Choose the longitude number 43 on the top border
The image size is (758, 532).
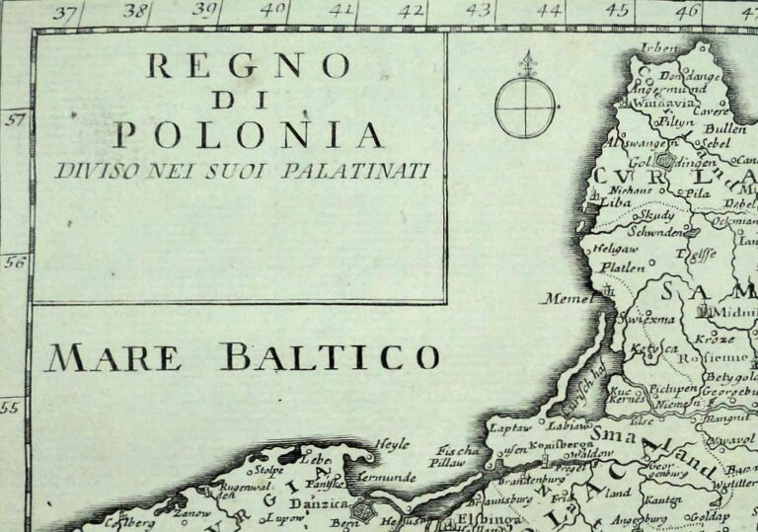pos(479,12)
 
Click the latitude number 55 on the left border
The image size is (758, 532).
pos(12,407)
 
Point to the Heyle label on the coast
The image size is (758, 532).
pos(393,445)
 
